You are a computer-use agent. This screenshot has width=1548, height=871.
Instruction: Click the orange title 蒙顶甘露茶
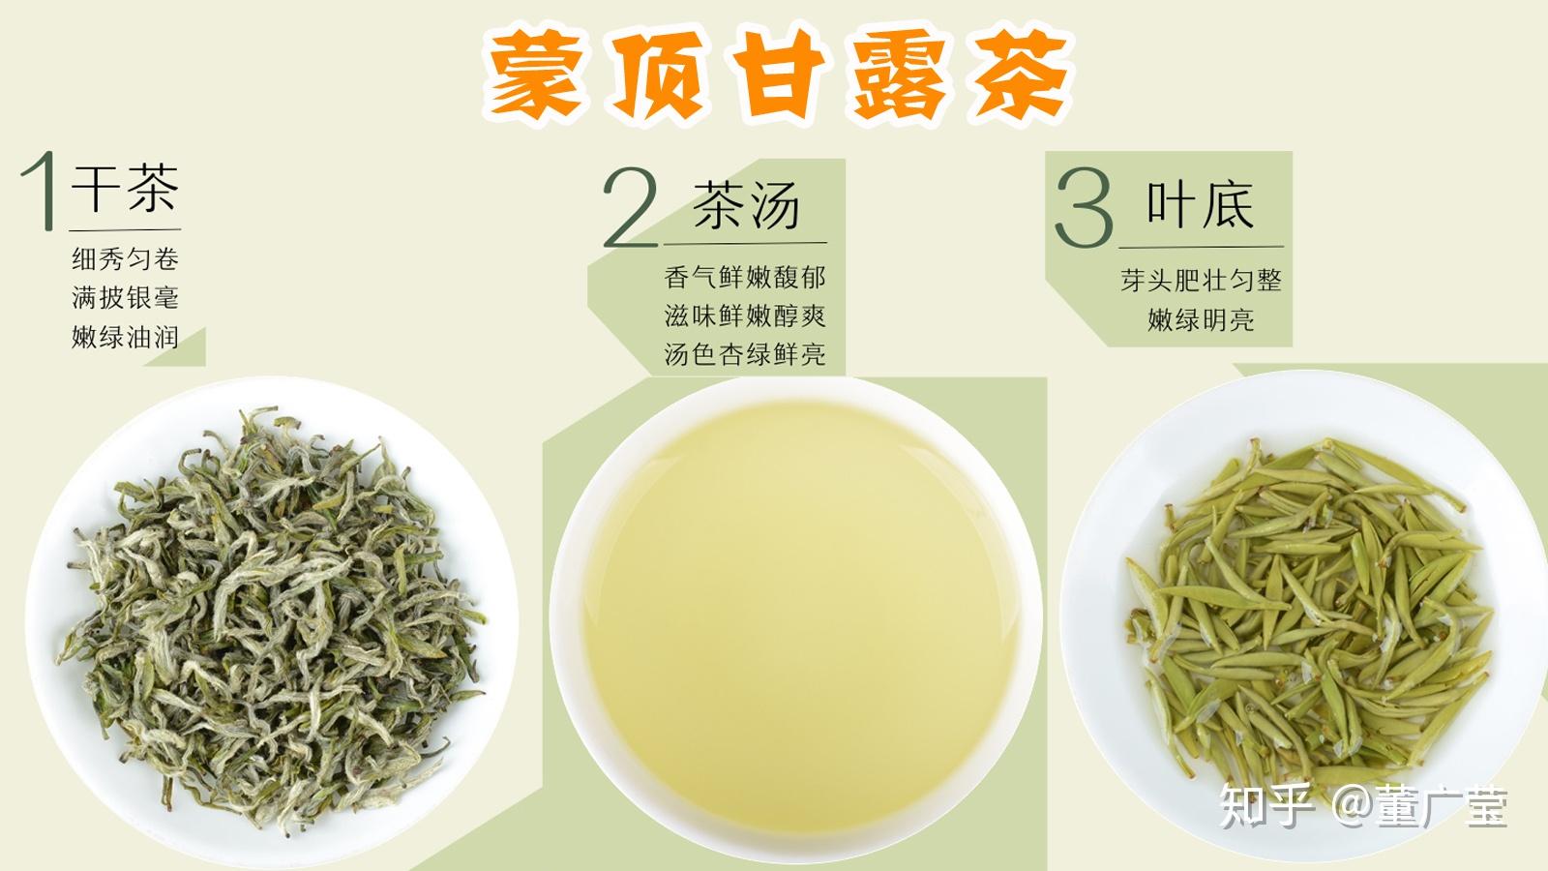click(778, 75)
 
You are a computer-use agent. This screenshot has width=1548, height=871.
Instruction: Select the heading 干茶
click(125, 188)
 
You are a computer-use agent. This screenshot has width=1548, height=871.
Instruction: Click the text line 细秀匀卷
click(125, 259)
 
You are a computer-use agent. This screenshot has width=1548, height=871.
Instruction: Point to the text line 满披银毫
click(125, 298)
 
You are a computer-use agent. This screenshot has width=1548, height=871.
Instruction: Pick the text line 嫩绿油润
click(125, 338)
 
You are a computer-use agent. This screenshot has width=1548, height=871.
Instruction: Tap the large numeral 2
click(630, 207)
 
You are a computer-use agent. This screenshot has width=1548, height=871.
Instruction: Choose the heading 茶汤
click(746, 204)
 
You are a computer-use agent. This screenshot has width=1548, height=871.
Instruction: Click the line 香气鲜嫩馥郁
click(745, 277)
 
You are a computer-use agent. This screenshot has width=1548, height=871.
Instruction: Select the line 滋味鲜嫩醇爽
click(745, 315)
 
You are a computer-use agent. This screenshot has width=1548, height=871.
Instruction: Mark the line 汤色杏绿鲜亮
click(745, 354)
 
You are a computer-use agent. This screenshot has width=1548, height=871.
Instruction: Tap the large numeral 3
click(1084, 207)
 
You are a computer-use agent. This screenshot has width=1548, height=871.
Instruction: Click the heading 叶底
click(1201, 204)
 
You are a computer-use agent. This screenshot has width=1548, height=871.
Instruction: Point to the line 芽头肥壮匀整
click(1201, 280)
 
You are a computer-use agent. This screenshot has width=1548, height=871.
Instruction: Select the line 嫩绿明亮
click(1201, 320)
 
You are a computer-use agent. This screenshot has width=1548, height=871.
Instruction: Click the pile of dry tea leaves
click(273, 618)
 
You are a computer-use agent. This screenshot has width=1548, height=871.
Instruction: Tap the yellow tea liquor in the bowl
click(798, 616)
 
